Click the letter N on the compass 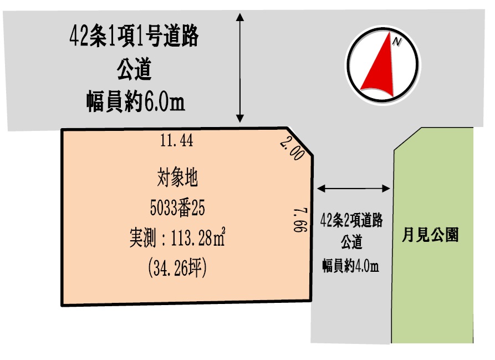396,42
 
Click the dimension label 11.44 177,141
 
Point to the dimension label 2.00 292,149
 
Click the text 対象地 177,179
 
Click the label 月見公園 430,235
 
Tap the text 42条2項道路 352,221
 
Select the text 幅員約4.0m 351,266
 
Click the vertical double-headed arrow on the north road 240,67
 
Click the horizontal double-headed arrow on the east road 354,189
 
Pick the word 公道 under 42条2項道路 351,243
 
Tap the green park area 432,288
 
